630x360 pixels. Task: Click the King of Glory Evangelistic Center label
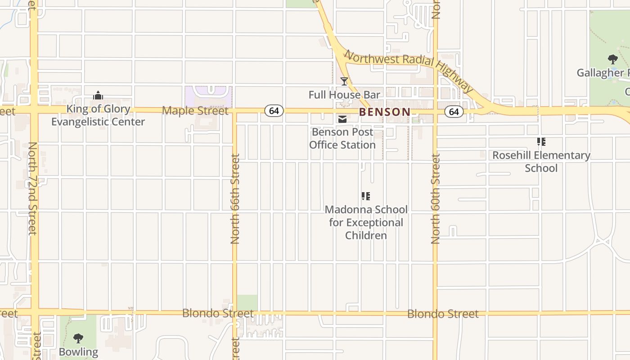point(98,115)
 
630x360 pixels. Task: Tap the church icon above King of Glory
point(98,95)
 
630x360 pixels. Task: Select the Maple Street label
point(195,110)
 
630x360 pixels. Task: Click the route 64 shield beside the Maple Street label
point(274,111)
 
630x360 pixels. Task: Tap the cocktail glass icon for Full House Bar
point(344,81)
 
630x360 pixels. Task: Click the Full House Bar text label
point(344,94)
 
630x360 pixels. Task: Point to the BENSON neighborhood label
point(385,112)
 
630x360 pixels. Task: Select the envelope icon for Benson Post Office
point(342,119)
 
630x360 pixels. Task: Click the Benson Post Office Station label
point(342,138)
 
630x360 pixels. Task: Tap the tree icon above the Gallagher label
point(612,59)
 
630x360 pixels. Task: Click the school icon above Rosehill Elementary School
point(541,142)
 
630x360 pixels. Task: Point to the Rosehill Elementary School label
point(541,162)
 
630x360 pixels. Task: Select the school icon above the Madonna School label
point(366,196)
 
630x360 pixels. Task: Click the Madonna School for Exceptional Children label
point(366,222)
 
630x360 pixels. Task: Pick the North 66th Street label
point(235,199)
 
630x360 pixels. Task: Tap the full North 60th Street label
point(435,199)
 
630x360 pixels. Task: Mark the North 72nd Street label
point(32,189)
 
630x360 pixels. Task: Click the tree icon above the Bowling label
point(78,338)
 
